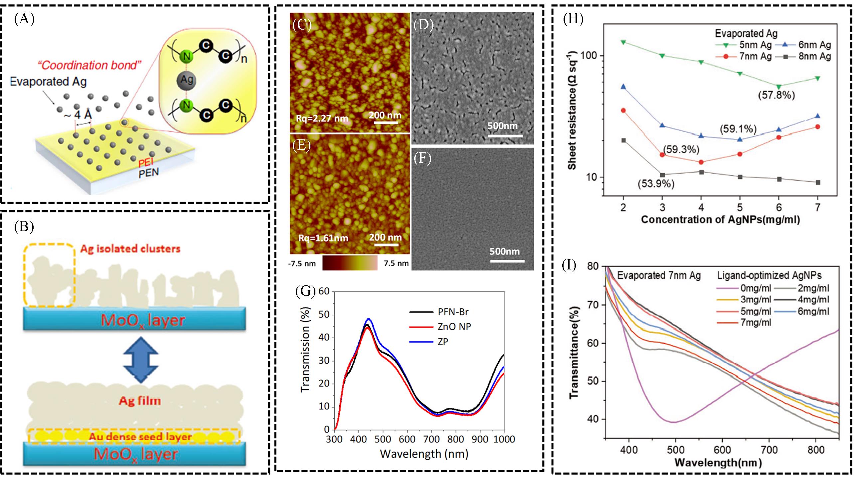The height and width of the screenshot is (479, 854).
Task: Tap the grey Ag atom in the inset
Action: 187,80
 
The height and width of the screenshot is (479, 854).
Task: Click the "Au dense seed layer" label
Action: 140,436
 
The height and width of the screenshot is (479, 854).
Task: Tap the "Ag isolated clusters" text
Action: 130,249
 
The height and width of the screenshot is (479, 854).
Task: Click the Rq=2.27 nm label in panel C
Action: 322,118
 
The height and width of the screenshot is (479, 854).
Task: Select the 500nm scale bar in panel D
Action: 505,135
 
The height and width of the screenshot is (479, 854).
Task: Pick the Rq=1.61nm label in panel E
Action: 323,238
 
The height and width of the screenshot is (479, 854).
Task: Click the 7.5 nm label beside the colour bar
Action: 396,263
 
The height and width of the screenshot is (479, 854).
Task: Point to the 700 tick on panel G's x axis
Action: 431,439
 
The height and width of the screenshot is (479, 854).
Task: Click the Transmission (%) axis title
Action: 306,349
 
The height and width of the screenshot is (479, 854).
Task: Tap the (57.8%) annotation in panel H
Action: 776,95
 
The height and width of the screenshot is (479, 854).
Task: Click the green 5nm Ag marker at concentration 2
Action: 623,42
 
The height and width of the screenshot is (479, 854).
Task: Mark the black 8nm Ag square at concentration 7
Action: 818,182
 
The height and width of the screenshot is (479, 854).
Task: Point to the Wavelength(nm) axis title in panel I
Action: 718,462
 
